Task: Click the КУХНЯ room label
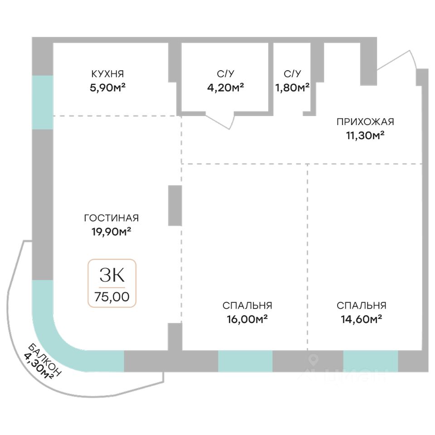[107, 74]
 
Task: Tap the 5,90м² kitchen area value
[107, 87]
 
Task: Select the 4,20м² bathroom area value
[225, 87]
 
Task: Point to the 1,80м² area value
[292, 87]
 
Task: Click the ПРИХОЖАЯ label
[365, 121]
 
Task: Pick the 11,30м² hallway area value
[365, 135]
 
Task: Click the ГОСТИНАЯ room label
[111, 218]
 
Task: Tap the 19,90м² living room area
[111, 232]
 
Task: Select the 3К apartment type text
[112, 275]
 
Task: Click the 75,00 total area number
[112, 297]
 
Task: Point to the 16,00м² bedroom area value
[247, 319]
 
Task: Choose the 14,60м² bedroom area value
[361, 319]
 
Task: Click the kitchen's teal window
[43, 102]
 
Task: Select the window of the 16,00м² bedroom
[245, 361]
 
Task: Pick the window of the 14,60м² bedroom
[370, 361]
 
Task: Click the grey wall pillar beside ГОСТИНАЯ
[175, 205]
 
